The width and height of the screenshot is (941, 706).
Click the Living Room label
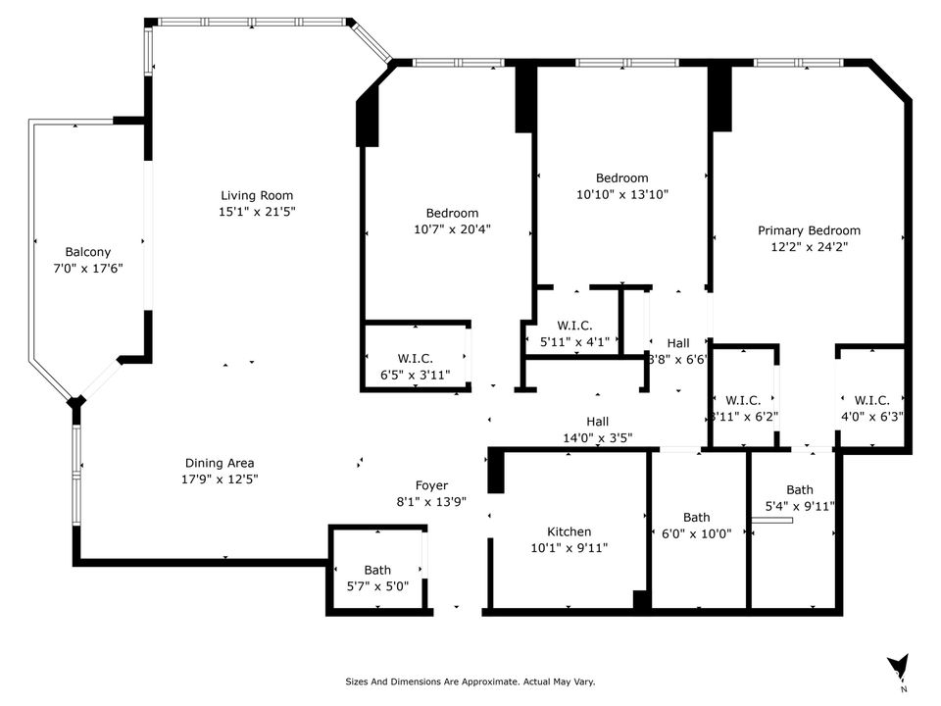256,195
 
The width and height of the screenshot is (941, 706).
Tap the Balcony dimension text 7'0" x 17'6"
88,268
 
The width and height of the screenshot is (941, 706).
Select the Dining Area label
221,463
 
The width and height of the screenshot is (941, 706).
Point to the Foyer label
431,485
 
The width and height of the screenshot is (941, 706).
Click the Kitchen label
569,531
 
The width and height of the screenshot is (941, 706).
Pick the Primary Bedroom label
809,230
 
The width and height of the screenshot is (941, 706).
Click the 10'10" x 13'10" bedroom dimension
622,194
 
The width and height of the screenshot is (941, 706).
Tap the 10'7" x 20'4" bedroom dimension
452,229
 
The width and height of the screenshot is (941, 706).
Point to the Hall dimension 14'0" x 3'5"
598,438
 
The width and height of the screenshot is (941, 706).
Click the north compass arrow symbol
897,668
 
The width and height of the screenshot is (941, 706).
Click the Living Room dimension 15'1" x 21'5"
256,212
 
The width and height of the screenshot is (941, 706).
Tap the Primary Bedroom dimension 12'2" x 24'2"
809,247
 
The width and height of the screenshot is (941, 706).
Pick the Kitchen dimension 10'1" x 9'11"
569,548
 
